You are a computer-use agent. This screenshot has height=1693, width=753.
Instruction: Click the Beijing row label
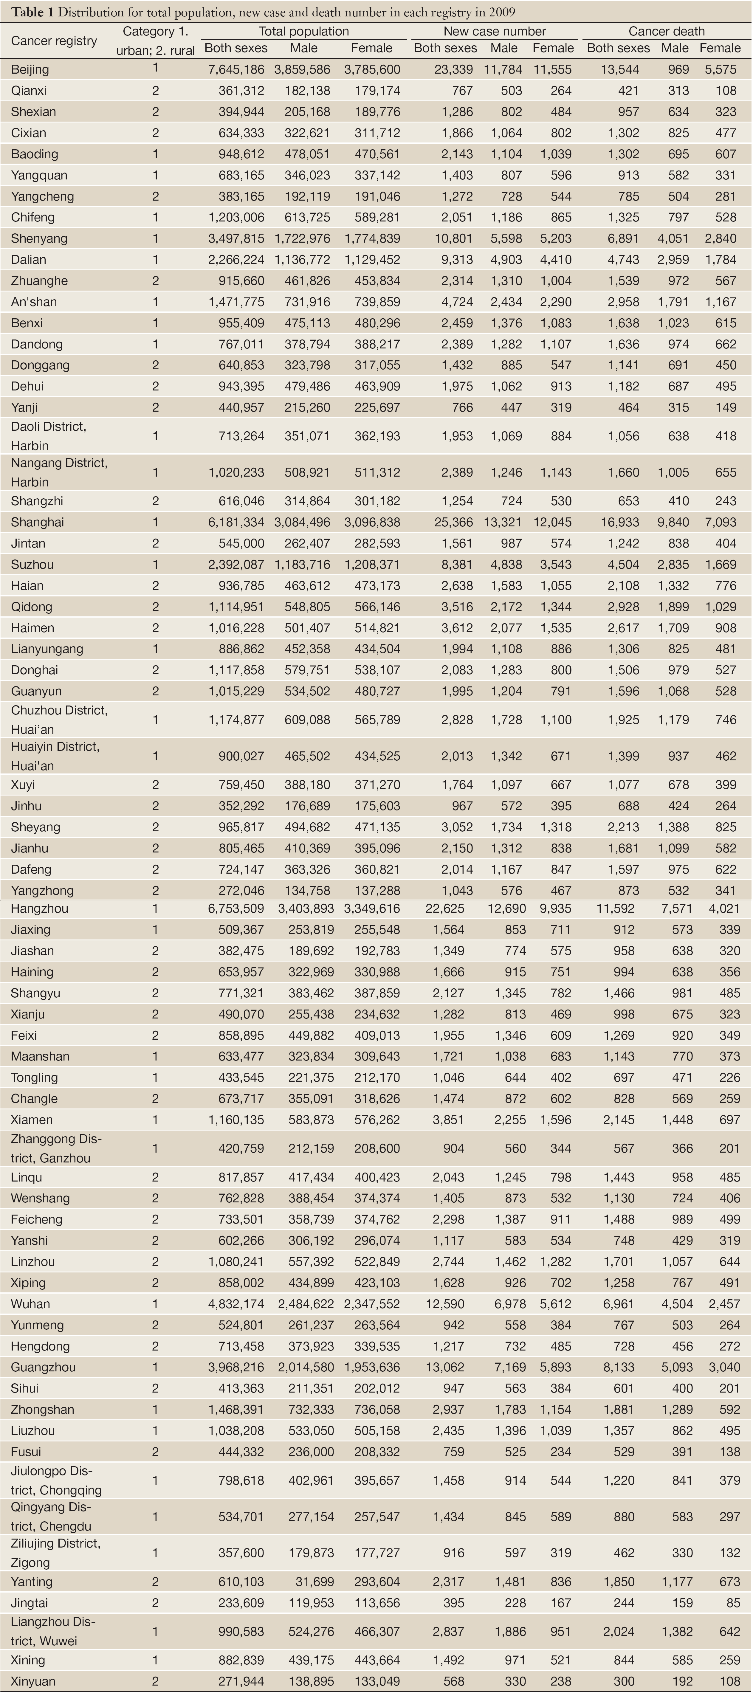click(x=30, y=69)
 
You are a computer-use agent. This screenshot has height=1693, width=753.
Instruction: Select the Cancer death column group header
click(x=666, y=31)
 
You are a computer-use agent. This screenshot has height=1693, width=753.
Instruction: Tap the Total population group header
click(x=303, y=31)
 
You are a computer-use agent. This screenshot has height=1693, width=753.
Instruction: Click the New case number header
click(x=494, y=31)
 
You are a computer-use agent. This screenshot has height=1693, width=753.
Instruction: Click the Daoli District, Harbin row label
click(x=49, y=436)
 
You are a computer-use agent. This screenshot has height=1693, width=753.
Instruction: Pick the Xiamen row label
click(x=32, y=1119)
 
